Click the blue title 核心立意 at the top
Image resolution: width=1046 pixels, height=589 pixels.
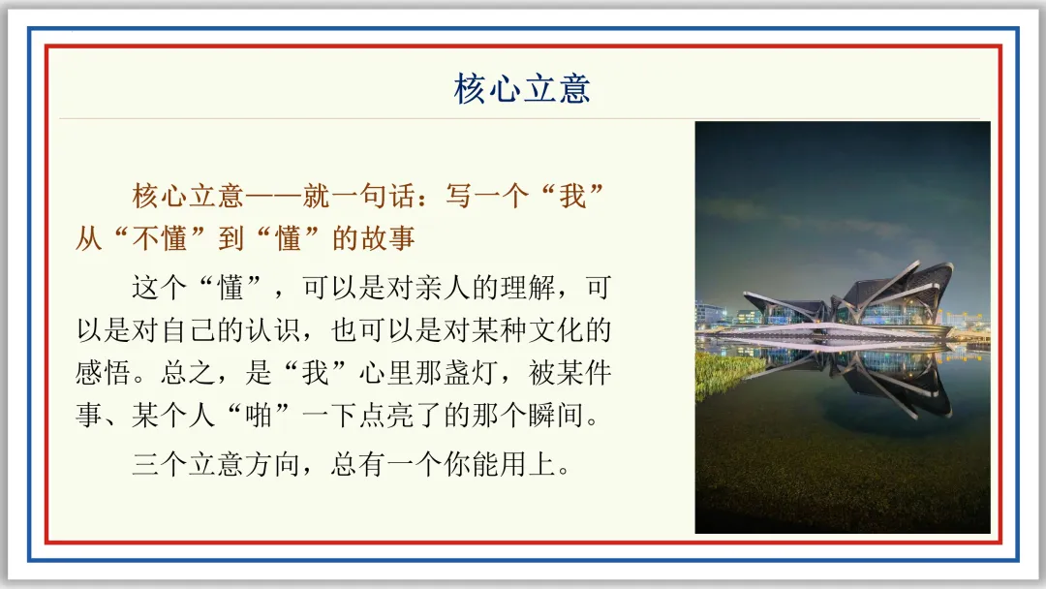pos(522,89)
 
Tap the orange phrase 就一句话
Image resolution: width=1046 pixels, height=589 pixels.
pos(360,196)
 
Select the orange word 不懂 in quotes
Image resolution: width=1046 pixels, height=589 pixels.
pos(160,238)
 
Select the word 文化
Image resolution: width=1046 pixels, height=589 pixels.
pos(557,330)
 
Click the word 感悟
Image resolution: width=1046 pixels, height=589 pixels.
pos(103,373)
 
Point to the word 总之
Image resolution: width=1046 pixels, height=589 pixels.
pos(188,373)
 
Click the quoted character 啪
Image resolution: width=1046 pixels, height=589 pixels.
pos(260,416)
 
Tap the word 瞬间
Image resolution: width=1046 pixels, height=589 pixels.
pos(557,416)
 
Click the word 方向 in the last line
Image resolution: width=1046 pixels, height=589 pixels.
pos(273,464)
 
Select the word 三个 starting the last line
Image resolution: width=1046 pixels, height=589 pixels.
pos(160,464)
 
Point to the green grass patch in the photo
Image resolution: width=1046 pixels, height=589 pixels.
pos(727,374)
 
